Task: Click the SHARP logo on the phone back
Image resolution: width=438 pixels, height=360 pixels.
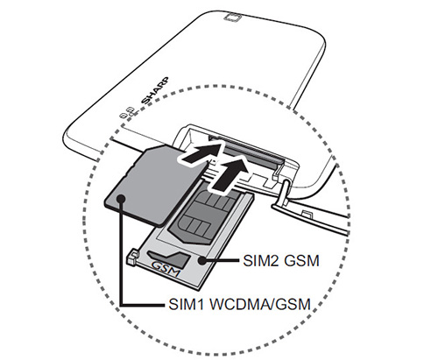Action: (155, 90)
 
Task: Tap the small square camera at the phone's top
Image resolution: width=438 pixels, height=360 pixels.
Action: (233, 18)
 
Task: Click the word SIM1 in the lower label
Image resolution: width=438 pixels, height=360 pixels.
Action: (187, 305)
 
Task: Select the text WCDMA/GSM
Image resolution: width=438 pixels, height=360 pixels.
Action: (260, 305)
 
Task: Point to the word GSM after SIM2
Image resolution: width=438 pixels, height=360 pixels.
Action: (301, 261)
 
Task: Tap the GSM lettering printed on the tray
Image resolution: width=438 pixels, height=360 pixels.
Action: (166, 269)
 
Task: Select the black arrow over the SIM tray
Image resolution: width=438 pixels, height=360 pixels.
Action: (230, 174)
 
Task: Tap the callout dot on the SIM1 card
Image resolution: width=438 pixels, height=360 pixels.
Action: (121, 199)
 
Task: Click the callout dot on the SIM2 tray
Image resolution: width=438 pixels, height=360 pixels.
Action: (201, 260)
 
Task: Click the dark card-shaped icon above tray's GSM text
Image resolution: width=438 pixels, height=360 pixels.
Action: (169, 258)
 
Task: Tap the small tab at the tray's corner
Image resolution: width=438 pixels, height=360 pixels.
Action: (132, 256)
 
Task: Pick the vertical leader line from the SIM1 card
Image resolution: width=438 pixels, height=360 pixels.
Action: (121, 252)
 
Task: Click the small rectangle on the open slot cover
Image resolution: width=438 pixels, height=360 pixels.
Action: (306, 212)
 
